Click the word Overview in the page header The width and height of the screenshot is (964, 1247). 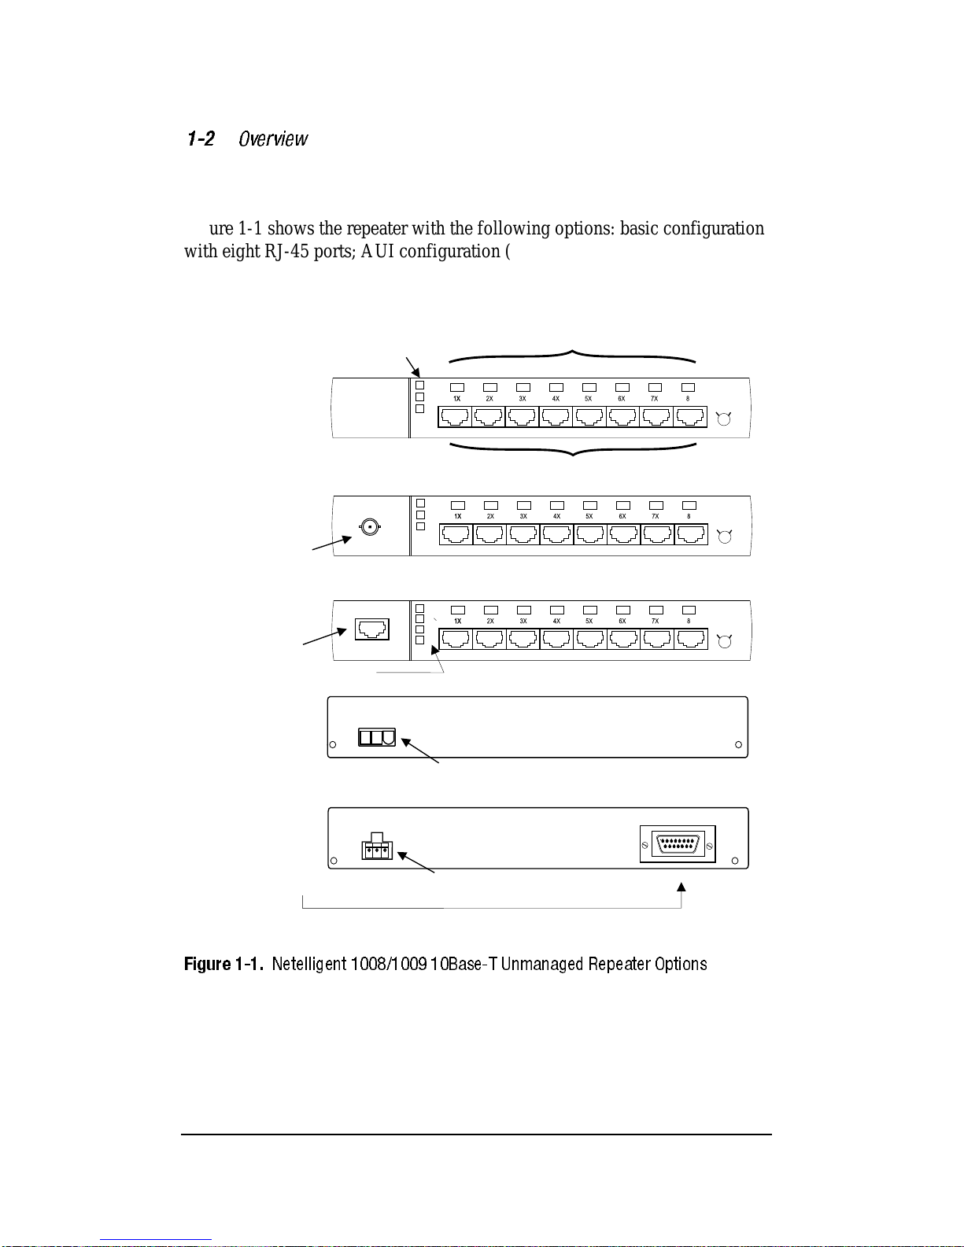pos(273,139)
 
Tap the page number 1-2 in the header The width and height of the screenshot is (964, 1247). pos(201,139)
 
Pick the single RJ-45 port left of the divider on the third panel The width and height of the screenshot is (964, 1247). pos(372,629)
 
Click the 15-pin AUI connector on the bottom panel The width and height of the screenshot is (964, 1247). pos(678,845)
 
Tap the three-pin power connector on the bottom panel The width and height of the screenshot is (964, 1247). pos(377,850)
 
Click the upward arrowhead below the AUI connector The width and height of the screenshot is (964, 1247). pos(681,887)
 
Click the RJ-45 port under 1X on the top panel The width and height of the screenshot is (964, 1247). pos(456,417)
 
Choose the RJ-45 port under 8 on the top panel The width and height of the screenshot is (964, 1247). pos(690,417)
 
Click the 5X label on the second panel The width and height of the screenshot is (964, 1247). pos(589,517)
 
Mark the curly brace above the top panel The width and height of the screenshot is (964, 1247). pos(573,356)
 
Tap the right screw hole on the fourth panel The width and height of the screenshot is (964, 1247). pos(738,744)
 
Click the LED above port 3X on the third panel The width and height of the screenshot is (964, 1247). pos(524,610)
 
